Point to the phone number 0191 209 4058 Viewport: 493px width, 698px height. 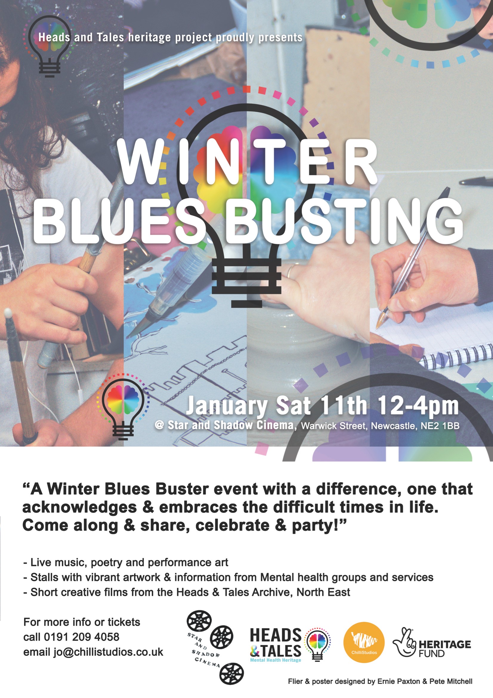click(82, 637)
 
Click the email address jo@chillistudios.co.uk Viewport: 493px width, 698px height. click(109, 652)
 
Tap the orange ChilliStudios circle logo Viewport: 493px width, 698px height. click(364, 642)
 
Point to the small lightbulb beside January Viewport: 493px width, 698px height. click(123, 407)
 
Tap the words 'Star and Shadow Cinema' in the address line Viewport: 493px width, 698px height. click(231, 425)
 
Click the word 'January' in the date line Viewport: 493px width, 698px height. click(227, 406)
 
